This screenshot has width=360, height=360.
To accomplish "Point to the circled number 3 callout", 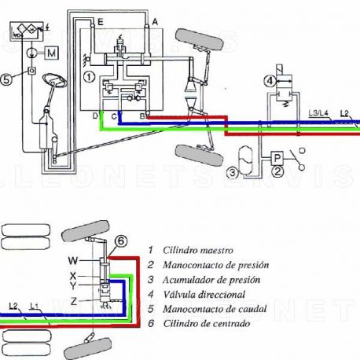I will (233, 171).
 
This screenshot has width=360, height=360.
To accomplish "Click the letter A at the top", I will (155, 20).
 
